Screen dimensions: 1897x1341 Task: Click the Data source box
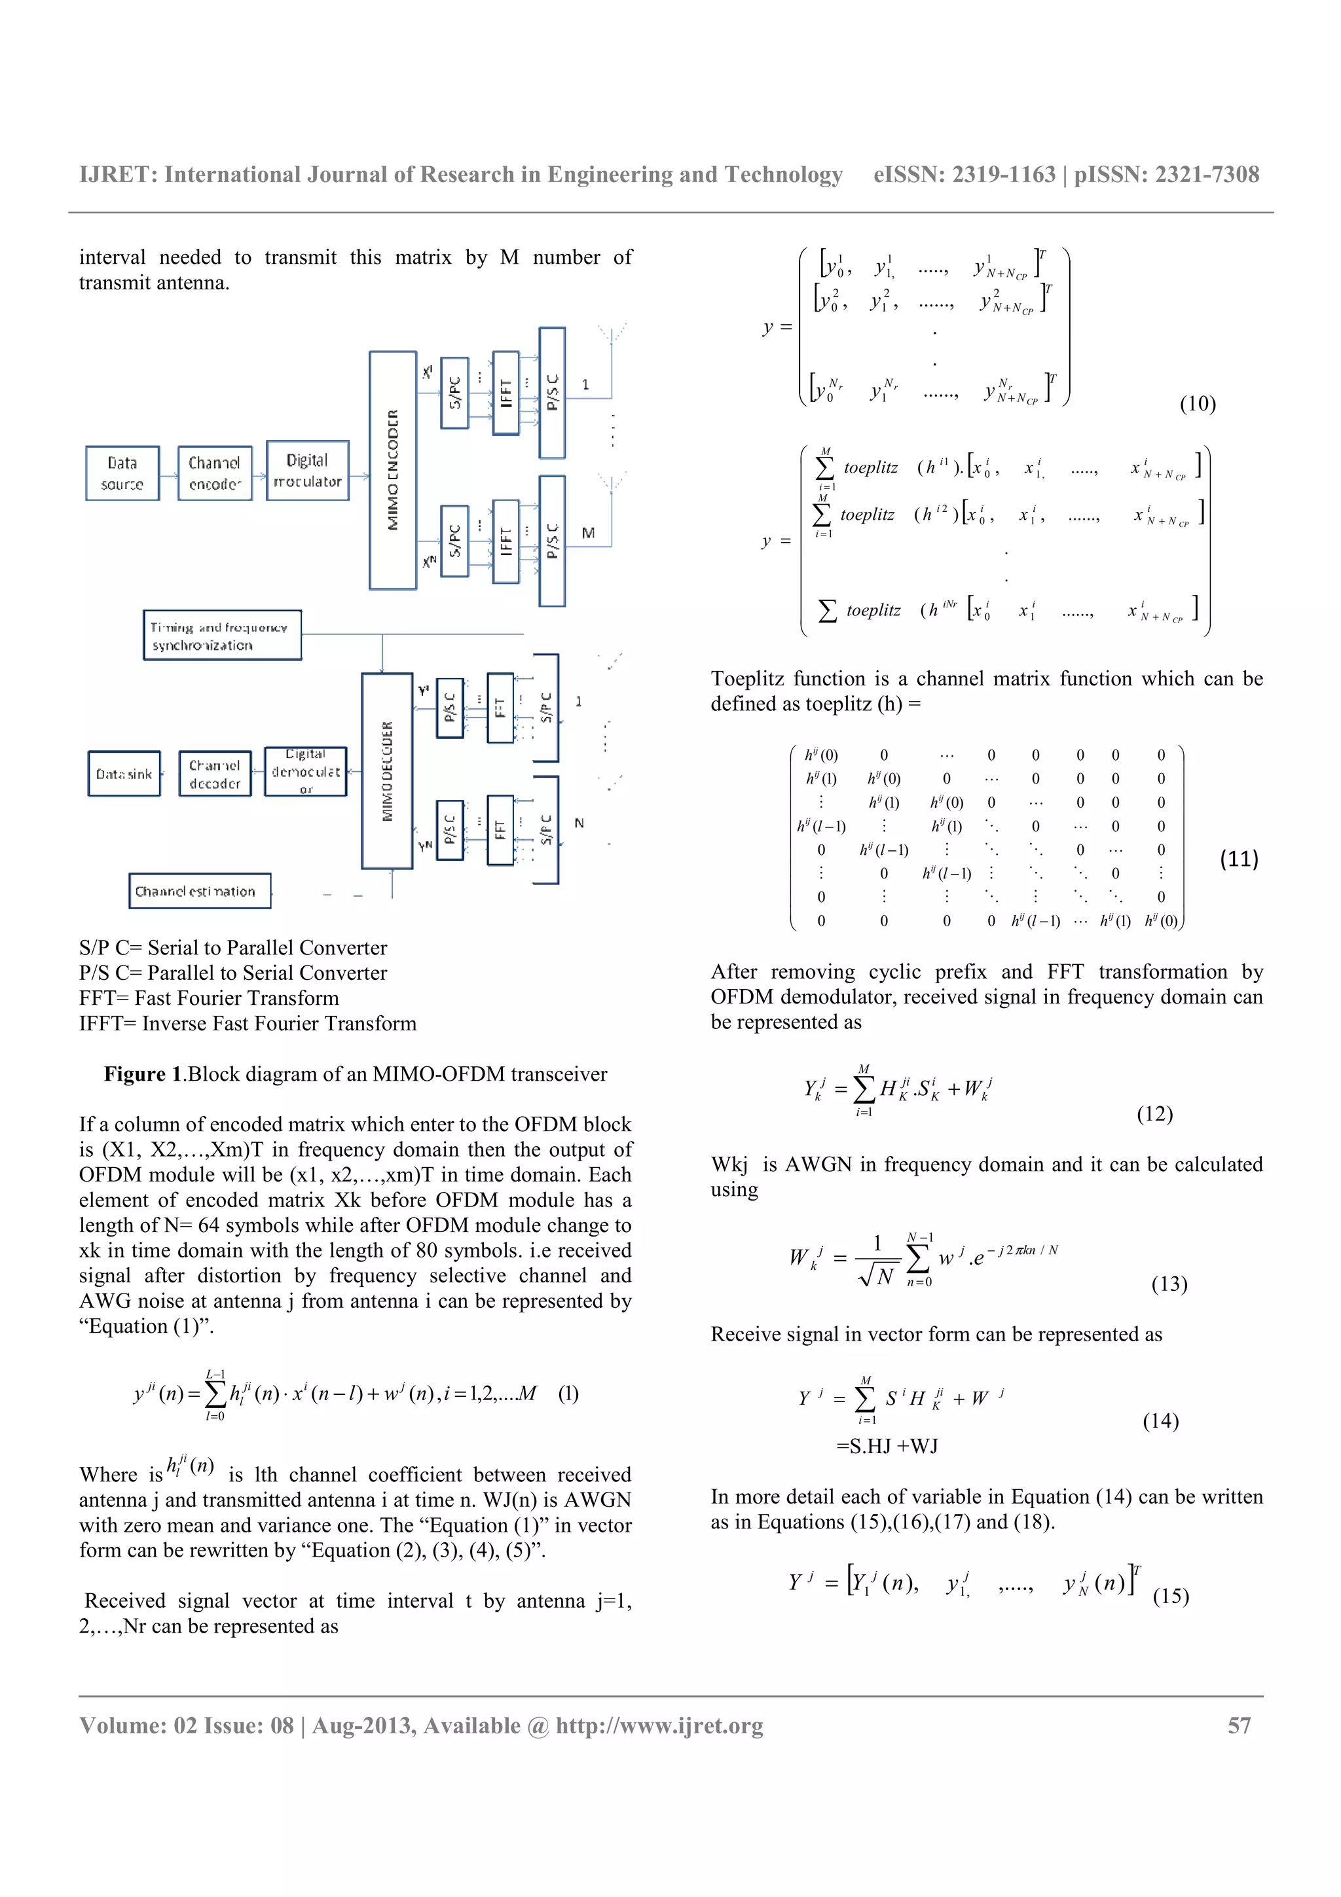point(122,473)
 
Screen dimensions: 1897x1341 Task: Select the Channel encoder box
point(215,473)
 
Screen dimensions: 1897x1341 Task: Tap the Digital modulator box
point(307,471)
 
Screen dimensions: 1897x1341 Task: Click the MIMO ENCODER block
point(392,469)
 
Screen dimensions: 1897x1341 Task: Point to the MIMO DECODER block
point(387,771)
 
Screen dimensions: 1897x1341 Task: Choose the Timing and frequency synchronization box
point(221,636)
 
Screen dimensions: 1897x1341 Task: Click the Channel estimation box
point(199,891)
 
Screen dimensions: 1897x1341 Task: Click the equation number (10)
point(1197,403)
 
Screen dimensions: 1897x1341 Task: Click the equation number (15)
point(1171,1595)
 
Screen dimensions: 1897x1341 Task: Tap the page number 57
point(1239,1725)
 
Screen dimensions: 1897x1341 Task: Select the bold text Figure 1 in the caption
point(142,1074)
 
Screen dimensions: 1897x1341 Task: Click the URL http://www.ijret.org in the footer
point(659,1725)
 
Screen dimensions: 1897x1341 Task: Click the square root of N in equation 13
point(877,1276)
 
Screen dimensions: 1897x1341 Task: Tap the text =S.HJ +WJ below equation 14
point(887,1446)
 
